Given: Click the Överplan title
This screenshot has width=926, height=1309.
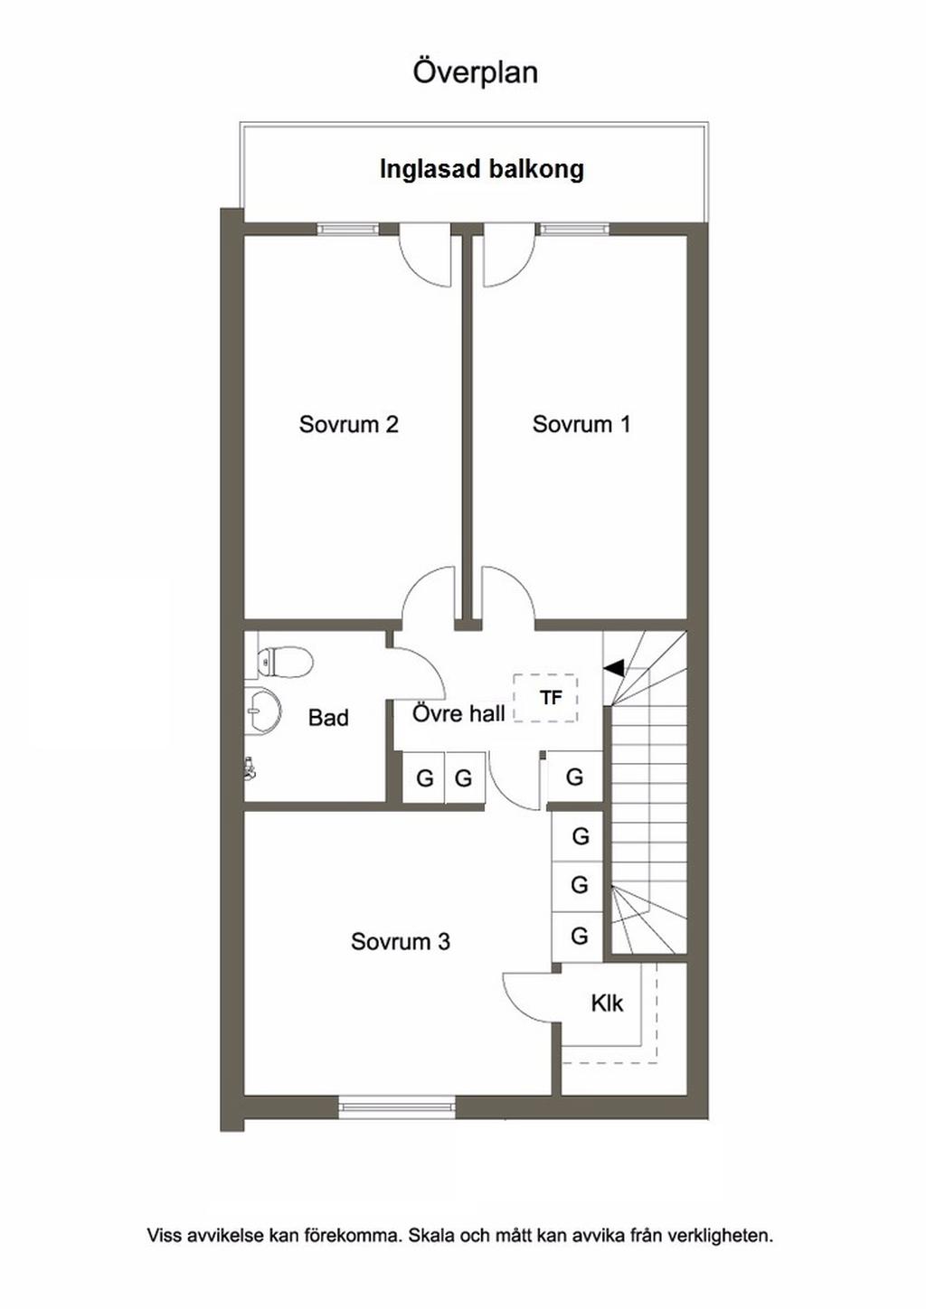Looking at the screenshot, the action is click(x=476, y=73).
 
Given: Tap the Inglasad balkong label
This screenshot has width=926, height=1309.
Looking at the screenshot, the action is click(x=482, y=169).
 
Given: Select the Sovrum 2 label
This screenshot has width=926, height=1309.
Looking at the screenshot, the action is click(x=348, y=424).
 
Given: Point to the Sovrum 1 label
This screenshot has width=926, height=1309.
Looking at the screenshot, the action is click(x=581, y=424).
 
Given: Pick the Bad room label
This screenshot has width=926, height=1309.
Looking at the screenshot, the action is click(x=328, y=718).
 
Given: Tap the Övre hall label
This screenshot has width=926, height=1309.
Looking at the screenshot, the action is click(x=458, y=713).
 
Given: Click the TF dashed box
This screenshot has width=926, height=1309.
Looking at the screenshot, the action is click(x=545, y=698).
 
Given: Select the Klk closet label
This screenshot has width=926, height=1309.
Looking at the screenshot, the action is click(x=607, y=1004).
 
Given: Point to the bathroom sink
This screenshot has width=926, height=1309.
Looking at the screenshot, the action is click(x=262, y=711).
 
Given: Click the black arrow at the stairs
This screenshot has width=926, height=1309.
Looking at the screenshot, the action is click(x=614, y=668).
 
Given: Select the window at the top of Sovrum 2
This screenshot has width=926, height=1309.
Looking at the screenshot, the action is click(x=347, y=229).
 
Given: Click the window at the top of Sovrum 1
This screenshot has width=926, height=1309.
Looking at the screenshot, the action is click(x=574, y=229).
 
